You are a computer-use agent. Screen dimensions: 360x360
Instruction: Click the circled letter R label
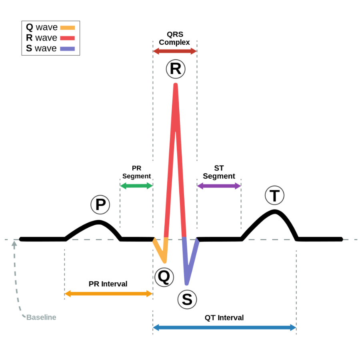pos(176,69)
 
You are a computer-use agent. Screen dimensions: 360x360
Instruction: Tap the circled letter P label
pos(100,205)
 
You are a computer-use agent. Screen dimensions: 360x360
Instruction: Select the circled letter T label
pos(274,196)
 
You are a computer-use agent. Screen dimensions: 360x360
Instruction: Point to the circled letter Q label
pos(164,277)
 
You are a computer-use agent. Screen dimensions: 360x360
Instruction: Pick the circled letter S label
pos(187,299)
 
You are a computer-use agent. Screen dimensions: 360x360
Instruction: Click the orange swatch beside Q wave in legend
pos(67,28)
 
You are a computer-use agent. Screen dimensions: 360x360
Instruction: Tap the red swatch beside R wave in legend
pos(67,38)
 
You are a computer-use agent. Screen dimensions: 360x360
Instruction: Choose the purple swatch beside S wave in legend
pos(67,49)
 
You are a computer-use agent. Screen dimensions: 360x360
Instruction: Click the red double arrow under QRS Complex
pos(175,51)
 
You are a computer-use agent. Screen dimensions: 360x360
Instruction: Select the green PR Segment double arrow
pos(136,186)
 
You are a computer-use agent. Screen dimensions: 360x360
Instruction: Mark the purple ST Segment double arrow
pos(219,186)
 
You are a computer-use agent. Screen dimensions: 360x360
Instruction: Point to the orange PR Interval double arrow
pos(108,294)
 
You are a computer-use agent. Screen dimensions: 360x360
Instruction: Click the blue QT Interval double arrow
pos(224,328)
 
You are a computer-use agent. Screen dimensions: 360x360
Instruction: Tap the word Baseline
pos(41,318)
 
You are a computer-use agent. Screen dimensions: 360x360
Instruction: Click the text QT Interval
pos(224,318)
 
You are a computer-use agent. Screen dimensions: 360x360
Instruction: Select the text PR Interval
pos(108,284)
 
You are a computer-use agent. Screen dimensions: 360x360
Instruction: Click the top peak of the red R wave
pos(175,85)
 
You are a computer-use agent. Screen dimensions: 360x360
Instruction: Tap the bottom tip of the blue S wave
pos(186,283)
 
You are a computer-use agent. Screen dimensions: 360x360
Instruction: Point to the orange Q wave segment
pos(161,251)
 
